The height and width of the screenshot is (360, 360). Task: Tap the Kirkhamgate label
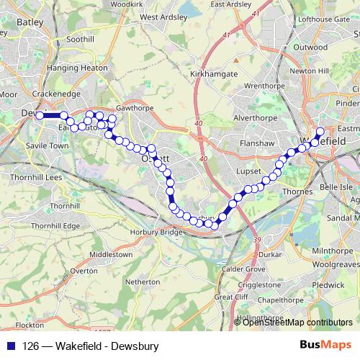[x=213, y=73]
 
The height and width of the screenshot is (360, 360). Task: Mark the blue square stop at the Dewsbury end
[x=40, y=115]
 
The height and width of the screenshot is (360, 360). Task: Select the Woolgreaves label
[x=335, y=264]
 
